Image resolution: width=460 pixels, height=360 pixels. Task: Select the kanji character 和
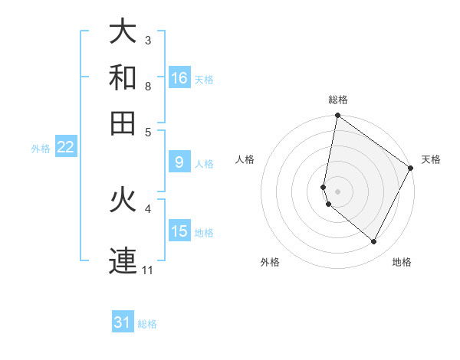(123, 77)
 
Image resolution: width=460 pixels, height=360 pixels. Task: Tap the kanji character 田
(123, 123)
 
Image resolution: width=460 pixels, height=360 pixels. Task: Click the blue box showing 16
(179, 78)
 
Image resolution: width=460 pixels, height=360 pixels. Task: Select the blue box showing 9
(179, 162)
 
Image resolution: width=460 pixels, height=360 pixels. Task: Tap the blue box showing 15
(179, 231)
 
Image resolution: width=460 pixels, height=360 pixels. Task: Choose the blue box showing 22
(65, 147)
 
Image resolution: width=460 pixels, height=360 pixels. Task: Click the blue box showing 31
(123, 322)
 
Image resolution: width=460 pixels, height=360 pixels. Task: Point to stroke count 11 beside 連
(149, 270)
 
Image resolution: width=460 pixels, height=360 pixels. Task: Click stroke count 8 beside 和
(149, 86)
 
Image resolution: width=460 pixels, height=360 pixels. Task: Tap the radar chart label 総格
(338, 100)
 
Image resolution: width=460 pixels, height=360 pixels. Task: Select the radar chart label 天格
(431, 159)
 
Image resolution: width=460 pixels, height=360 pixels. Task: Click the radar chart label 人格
(245, 159)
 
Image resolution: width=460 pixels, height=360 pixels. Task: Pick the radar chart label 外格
(270, 262)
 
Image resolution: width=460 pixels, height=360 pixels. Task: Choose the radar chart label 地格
(402, 262)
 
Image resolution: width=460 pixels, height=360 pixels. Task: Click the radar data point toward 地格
(374, 242)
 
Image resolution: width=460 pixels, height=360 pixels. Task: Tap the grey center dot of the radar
(338, 191)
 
